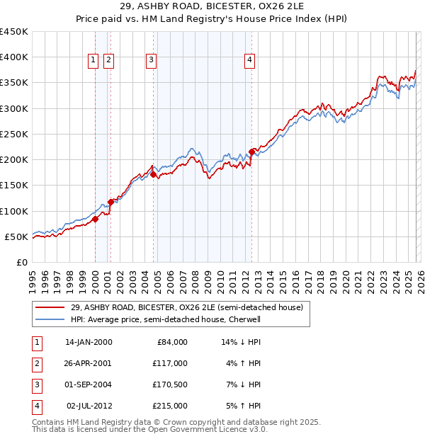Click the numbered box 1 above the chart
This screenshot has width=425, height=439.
pyautogui.click(x=93, y=61)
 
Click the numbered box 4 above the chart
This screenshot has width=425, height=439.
pyautogui.click(x=250, y=61)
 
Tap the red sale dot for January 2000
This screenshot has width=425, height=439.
pyautogui.click(x=95, y=219)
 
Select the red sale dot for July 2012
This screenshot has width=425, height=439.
pyautogui.click(x=251, y=152)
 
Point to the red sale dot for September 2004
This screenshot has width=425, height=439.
pyautogui.click(x=153, y=174)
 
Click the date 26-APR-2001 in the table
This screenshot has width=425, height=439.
pyautogui.click(x=89, y=363)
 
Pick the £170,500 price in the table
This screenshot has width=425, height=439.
pyautogui.click(x=170, y=384)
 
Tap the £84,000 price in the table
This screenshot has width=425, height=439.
pyautogui.click(x=172, y=341)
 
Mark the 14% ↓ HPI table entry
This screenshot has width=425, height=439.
pyautogui.click(x=242, y=341)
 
